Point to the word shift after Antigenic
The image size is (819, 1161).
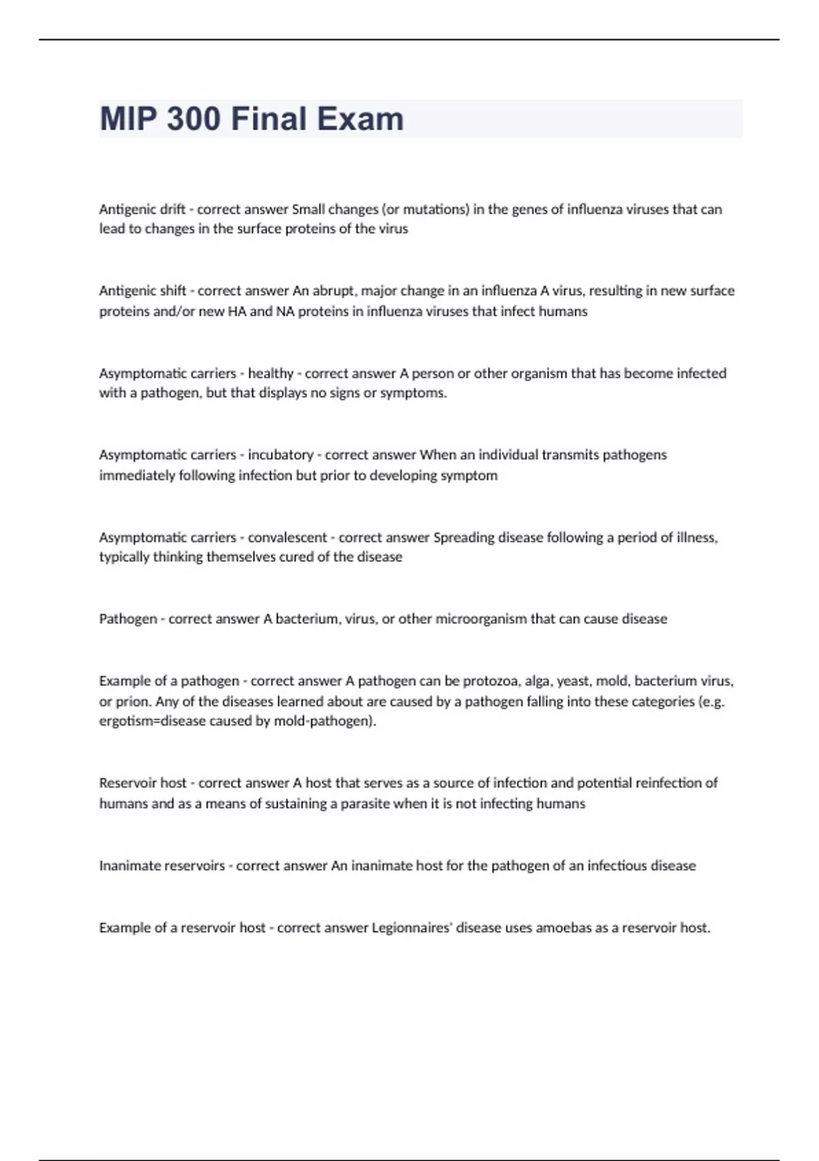(173, 291)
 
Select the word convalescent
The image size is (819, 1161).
(287, 537)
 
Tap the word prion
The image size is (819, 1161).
(132, 701)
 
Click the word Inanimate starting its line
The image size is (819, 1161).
(128, 866)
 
